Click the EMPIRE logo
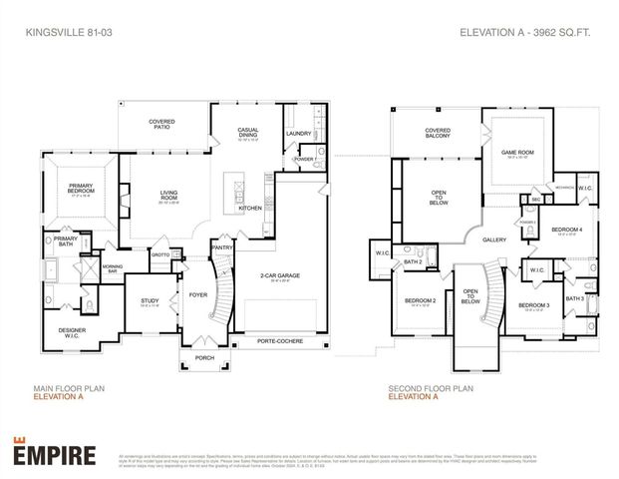coord(55,454)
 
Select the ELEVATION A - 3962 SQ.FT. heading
coord(525,32)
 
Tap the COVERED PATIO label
coord(162,125)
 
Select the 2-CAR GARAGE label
coord(281,275)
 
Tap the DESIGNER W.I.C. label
coord(73,333)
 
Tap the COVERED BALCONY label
coord(438,132)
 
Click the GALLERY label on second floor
coord(494,239)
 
